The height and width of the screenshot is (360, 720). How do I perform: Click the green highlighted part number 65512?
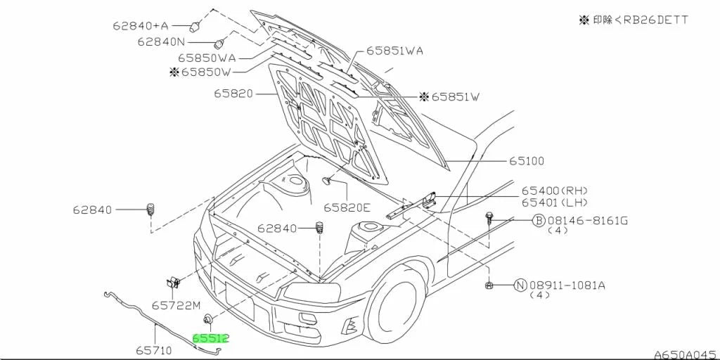[x=211, y=338]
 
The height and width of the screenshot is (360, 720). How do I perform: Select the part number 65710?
[x=153, y=351]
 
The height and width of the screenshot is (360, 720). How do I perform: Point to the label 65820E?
[x=347, y=208]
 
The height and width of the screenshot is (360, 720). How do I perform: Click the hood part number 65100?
[x=526, y=161]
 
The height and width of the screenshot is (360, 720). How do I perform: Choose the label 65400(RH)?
[x=555, y=191]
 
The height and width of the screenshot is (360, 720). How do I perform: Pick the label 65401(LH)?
[x=555, y=202]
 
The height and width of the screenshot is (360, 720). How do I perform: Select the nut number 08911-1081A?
[x=567, y=285]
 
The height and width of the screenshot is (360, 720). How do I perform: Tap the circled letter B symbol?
[x=538, y=221]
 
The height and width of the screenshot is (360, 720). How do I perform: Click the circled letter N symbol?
[x=520, y=285]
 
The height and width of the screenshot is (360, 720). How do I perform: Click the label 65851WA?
[x=395, y=51]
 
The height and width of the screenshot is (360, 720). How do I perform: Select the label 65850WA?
[x=207, y=58]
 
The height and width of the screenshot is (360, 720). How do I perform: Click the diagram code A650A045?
[x=686, y=354]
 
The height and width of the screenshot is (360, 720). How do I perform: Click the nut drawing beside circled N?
[x=490, y=285]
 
